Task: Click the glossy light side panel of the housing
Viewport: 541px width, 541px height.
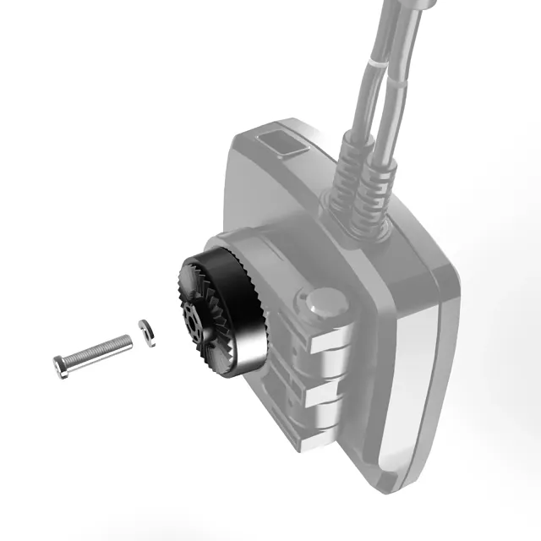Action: click(x=414, y=372)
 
